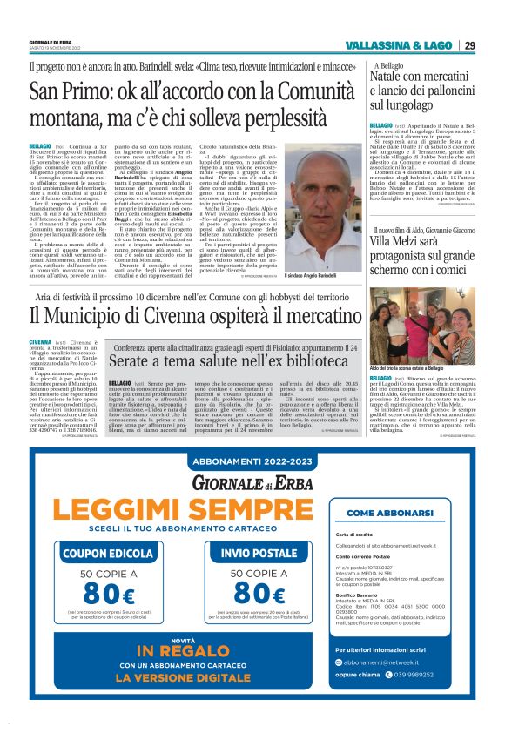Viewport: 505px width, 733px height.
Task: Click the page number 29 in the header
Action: point(469,45)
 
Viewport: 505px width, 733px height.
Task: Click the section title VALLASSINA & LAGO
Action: point(399,45)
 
